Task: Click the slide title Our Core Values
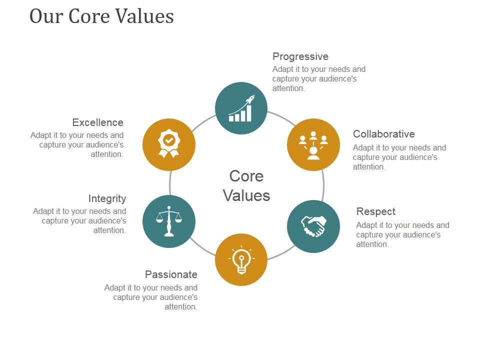click(101, 16)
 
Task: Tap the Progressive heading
click(300, 56)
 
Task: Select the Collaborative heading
click(383, 134)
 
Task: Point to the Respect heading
click(375, 211)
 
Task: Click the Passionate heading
click(171, 274)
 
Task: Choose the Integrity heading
click(107, 198)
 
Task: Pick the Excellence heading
click(97, 122)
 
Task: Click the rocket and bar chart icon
click(241, 108)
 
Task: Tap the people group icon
click(313, 144)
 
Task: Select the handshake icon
click(313, 226)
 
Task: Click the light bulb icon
click(241, 260)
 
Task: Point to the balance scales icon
click(169, 221)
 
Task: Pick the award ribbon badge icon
click(169, 144)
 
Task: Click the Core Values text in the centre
click(246, 185)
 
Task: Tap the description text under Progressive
click(318, 79)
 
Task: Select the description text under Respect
click(402, 234)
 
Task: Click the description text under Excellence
click(77, 144)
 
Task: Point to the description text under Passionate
click(151, 297)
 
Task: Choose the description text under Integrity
click(80, 220)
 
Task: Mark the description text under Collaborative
click(399, 157)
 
